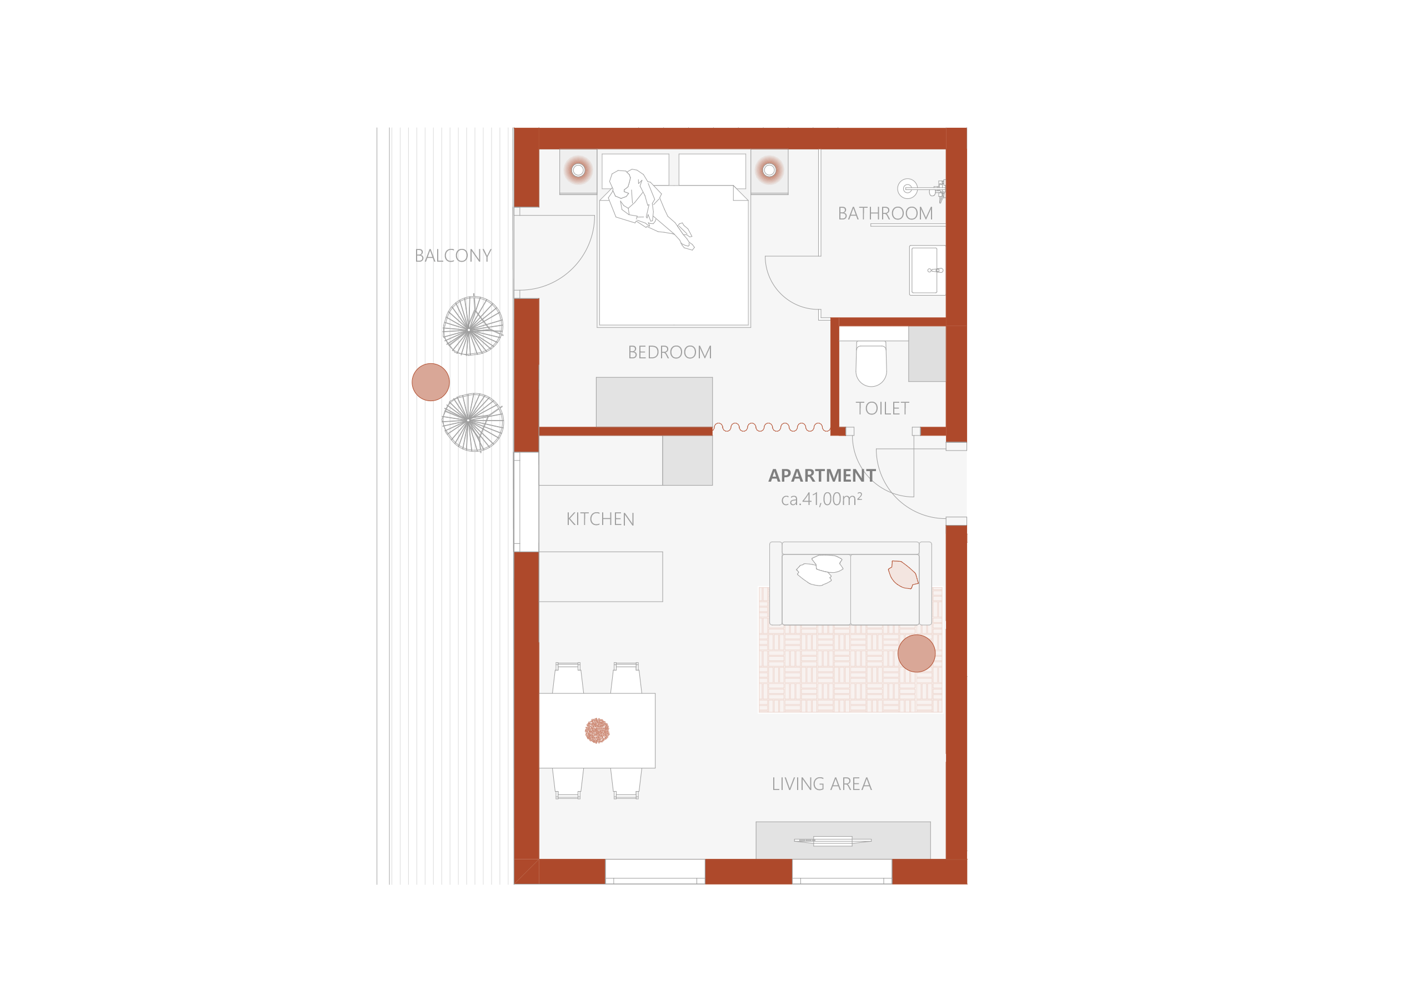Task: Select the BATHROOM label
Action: [885, 214]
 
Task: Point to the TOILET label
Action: [882, 408]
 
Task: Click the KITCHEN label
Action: [600, 519]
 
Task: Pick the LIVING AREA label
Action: [821, 784]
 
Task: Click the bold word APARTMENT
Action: [822, 476]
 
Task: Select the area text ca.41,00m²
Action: [821, 499]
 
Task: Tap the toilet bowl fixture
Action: [871, 366]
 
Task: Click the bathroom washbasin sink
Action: [927, 270]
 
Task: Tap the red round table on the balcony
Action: [430, 382]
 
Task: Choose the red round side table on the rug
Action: [916, 653]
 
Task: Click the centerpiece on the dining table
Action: [597, 731]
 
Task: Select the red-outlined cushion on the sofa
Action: [903, 574]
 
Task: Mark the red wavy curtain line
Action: [772, 427]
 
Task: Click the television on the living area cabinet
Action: [833, 841]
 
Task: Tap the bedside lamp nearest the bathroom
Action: [769, 170]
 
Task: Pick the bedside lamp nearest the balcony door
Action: [578, 170]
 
